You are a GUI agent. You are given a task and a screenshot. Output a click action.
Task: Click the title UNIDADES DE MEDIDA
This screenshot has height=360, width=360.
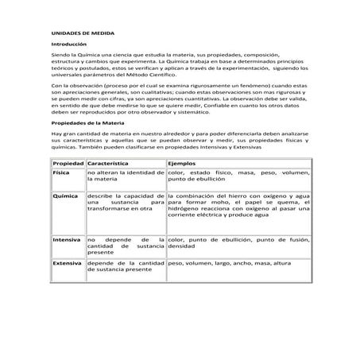(x=77, y=34)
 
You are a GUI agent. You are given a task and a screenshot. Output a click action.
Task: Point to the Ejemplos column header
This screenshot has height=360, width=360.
(x=184, y=162)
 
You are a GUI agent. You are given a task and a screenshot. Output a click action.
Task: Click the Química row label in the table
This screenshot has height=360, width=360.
(x=64, y=195)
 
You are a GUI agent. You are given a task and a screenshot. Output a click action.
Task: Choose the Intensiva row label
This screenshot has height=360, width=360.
(x=66, y=238)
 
